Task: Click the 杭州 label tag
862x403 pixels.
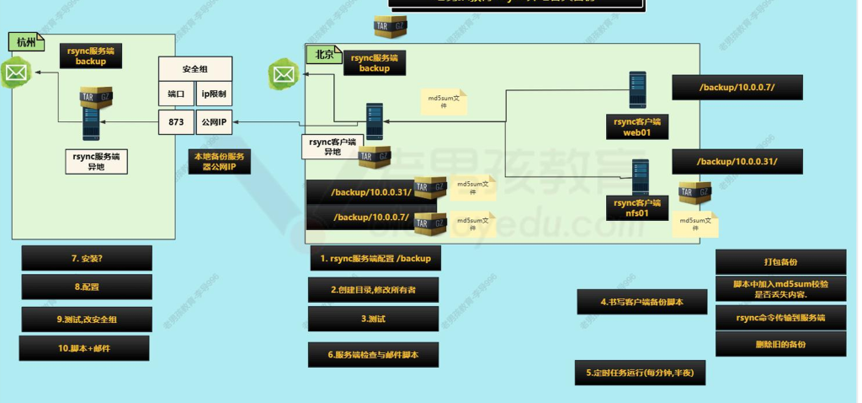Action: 24,41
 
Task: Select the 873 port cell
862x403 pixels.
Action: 176,122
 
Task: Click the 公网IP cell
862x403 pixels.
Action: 213,122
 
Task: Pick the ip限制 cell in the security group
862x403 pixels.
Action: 213,94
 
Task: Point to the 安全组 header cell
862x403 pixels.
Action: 195,67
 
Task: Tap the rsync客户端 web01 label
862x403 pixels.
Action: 637,127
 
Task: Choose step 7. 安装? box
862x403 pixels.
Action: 87,258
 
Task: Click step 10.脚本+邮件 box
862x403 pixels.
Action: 84,348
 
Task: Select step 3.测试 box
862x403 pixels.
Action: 374,319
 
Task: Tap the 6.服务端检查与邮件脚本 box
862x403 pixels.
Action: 374,355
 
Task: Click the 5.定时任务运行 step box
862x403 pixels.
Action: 640,371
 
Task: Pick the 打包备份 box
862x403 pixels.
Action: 780,261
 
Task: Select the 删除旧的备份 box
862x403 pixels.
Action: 780,344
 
